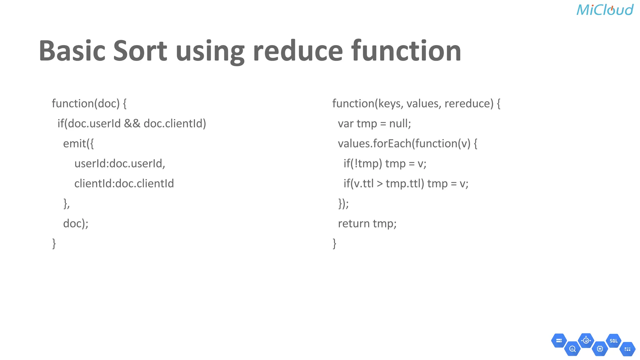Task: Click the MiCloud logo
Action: coord(605,10)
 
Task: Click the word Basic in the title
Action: coord(72,51)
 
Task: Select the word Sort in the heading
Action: coord(140,51)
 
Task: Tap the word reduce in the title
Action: coord(298,51)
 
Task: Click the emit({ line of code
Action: coord(78,143)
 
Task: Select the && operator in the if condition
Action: coord(132,124)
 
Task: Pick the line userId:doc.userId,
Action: coord(120,163)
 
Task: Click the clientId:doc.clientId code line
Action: coord(124,183)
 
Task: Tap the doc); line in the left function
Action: coord(76,223)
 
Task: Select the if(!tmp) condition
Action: coord(362,164)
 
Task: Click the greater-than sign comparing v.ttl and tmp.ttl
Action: coord(380,184)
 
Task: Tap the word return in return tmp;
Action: coord(354,224)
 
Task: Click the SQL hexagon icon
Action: coord(613,341)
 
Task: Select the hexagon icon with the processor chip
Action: coord(600,349)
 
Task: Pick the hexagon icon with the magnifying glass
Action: coord(572,349)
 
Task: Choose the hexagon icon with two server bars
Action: coord(559,341)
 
